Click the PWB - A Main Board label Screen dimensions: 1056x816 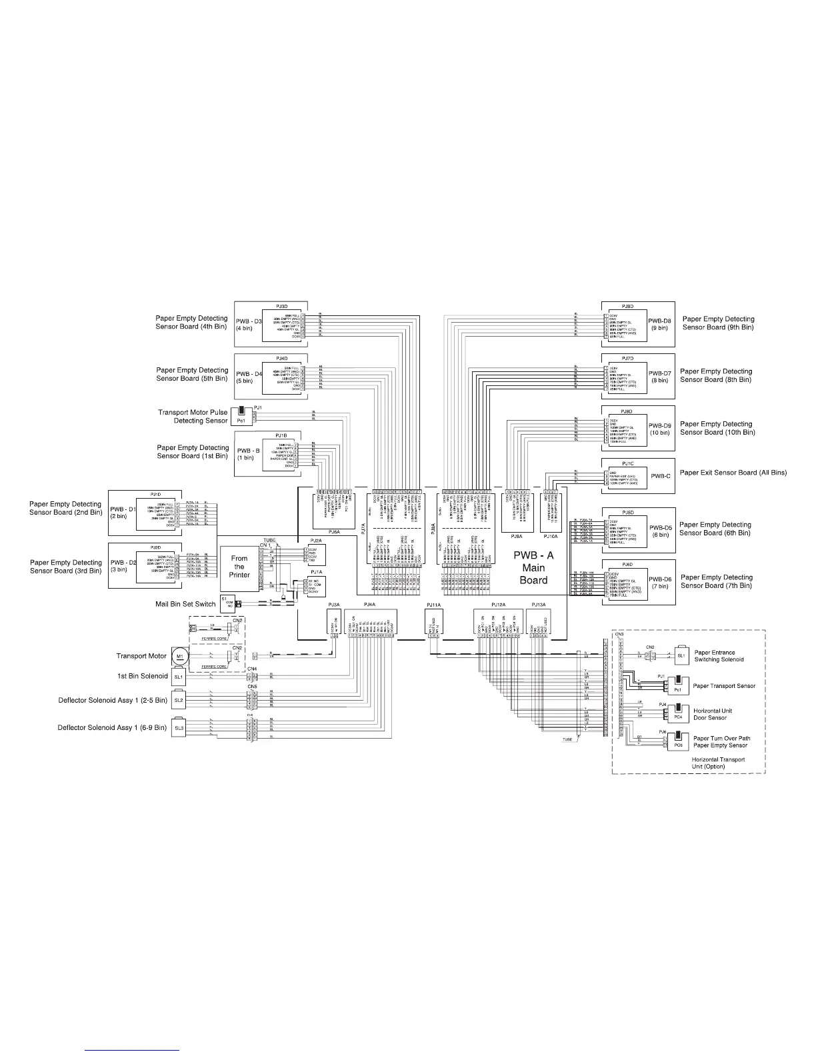tap(533, 567)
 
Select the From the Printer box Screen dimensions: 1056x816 tap(239, 567)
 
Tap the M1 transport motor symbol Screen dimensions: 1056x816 tap(179, 657)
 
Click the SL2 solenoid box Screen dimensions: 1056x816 tap(179, 701)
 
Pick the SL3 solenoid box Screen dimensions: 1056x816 tap(179, 728)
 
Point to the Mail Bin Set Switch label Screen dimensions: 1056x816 tap(185, 605)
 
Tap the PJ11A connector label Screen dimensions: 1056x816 tap(433, 605)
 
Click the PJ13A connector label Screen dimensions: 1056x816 tap(538, 605)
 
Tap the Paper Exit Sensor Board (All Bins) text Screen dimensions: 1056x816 tap(733, 473)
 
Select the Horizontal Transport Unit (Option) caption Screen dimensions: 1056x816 tap(717, 763)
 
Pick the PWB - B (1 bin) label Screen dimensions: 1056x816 tap(245, 454)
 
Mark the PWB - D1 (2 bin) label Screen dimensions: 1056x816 tap(123, 513)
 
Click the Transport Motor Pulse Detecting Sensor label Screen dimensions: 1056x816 tap(193, 417)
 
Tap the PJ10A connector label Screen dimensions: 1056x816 tap(551, 536)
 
